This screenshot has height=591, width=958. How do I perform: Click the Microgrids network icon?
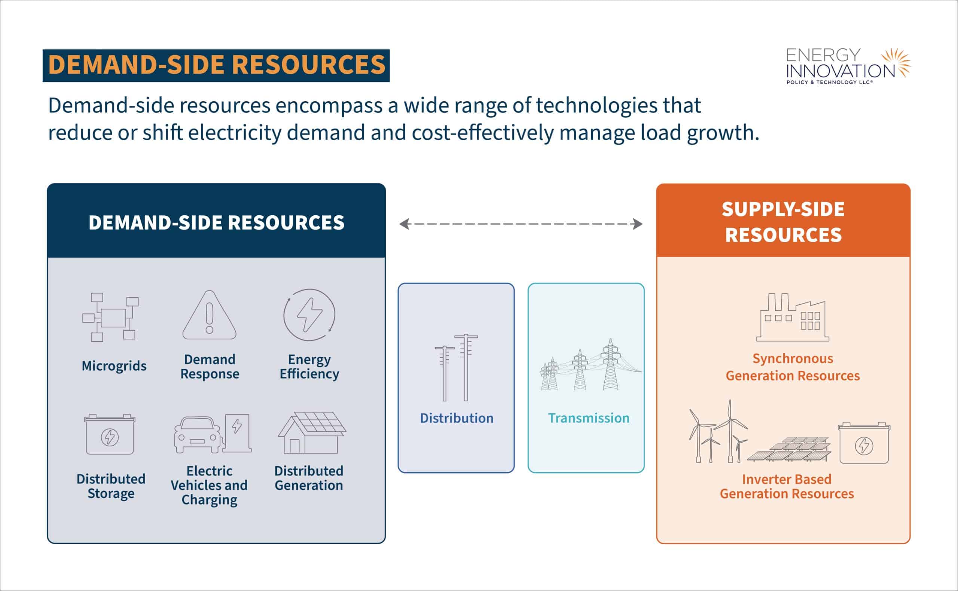coord(110,317)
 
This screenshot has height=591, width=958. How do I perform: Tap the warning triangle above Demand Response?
coord(209,315)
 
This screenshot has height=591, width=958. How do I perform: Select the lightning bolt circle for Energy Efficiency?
coord(309,315)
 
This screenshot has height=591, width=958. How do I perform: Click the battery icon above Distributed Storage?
coord(110,434)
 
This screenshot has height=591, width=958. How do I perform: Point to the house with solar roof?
coord(312,433)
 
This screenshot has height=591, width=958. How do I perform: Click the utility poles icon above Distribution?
coord(456,367)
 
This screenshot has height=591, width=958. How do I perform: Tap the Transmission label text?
coord(588,418)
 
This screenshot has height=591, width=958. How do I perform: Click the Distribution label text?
coord(457,418)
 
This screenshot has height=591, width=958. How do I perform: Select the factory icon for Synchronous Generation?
coord(793,317)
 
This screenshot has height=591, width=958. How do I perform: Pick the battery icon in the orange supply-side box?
coord(864,443)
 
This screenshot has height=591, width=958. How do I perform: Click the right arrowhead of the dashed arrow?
coord(638,224)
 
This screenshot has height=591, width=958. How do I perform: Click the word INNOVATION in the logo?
coord(840,71)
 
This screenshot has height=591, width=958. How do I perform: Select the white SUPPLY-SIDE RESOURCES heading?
coord(783,222)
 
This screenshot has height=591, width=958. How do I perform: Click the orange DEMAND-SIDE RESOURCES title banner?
coord(216,65)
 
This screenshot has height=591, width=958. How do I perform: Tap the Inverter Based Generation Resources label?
coord(787,486)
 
